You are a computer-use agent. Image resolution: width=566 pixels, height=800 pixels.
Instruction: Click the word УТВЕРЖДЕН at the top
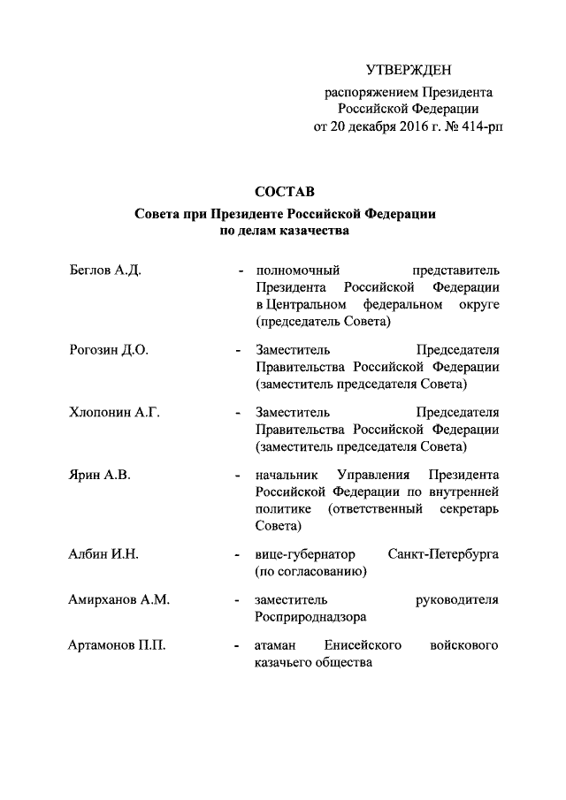point(408,69)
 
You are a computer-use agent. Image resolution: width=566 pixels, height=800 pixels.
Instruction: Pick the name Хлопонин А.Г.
point(113,411)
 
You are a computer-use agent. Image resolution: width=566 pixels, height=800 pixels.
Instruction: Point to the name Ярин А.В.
point(99,475)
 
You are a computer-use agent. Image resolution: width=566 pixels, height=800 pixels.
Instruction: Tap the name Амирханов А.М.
point(119,600)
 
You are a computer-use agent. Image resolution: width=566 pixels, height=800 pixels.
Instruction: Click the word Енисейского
point(363,646)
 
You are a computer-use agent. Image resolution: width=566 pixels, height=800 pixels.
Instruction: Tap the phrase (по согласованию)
point(310,571)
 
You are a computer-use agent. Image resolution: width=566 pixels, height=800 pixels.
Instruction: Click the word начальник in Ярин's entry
point(285,475)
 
